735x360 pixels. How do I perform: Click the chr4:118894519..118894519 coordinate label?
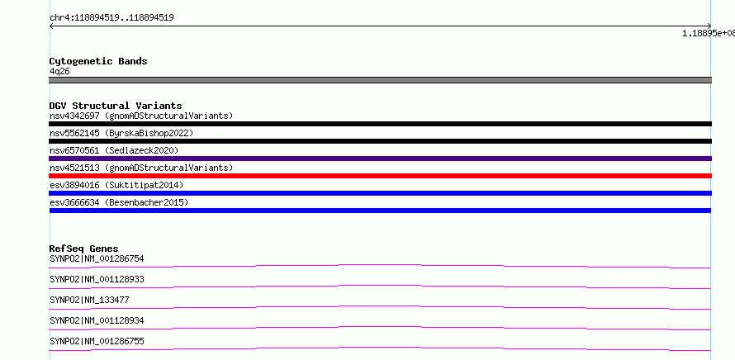coord(112,18)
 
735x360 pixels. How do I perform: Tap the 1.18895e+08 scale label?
coord(709,33)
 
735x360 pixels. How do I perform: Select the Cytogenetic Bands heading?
coord(98,61)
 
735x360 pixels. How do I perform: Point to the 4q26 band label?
coord(60,72)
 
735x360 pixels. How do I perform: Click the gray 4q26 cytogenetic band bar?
coord(380,80)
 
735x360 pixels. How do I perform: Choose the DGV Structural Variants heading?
coord(116,106)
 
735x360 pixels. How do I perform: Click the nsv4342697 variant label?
coord(141,116)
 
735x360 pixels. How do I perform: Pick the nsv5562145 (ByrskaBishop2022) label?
coord(121,133)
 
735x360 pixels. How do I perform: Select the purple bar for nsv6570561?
coord(380,159)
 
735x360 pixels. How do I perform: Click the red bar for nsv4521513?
coord(380,176)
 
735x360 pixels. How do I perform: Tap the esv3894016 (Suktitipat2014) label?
coord(116,185)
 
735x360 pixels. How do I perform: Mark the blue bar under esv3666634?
coord(380,211)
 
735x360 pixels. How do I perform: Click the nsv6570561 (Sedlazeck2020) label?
coord(114,150)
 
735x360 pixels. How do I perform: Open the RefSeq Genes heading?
coord(84,249)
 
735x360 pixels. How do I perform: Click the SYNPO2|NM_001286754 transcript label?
coord(97,258)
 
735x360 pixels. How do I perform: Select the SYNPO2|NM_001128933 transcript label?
coord(97,279)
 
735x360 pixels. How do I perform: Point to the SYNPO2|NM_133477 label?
coord(89,300)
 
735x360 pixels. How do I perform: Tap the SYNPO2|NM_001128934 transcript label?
coord(97,320)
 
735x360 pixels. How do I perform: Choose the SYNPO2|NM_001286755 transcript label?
coord(97,341)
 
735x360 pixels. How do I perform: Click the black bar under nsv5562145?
coord(380,141)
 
